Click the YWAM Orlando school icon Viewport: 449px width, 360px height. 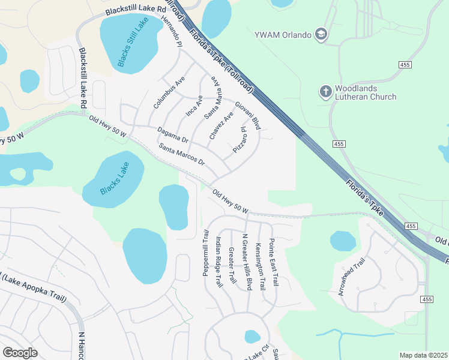[x=321, y=34]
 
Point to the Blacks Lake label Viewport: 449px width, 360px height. [x=114, y=178]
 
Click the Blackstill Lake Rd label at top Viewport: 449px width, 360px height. [x=135, y=10]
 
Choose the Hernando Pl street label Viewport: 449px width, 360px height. [x=171, y=31]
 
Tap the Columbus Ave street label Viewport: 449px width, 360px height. [x=169, y=92]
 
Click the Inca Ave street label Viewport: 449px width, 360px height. [x=194, y=104]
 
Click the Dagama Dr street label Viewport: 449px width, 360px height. [x=173, y=134]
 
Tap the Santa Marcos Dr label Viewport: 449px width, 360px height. [x=182, y=154]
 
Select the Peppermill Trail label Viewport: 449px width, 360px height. [x=205, y=253]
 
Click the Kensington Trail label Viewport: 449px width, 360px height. [x=260, y=266]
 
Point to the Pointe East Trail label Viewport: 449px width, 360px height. [x=274, y=262]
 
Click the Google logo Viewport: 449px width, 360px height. [x=20, y=353]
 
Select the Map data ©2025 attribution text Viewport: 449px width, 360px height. [x=423, y=355]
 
